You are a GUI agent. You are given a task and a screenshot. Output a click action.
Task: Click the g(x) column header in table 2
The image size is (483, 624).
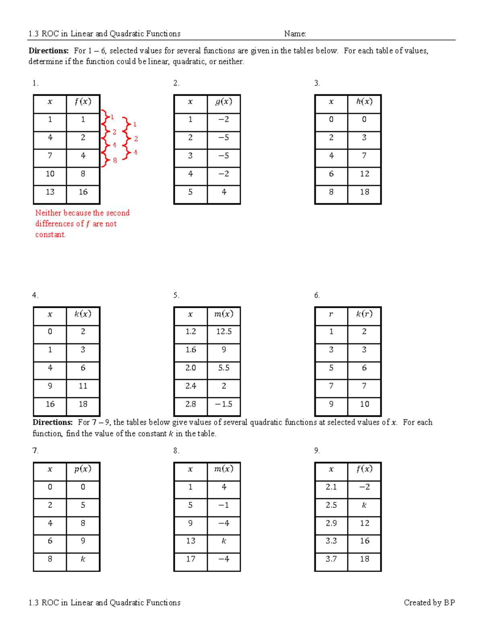(223, 102)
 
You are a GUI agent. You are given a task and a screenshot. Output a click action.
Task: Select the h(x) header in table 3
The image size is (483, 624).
(364, 101)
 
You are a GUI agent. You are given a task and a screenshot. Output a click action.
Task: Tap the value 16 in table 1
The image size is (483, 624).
(83, 192)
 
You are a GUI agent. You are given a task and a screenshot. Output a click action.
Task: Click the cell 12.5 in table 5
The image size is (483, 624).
(224, 331)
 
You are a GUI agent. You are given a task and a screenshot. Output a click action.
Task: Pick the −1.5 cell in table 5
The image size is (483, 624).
(224, 404)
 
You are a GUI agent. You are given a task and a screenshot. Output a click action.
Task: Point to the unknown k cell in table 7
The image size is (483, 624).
(83, 559)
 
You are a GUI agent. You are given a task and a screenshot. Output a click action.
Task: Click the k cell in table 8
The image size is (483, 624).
(224, 541)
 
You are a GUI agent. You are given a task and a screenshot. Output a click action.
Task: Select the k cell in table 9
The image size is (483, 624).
(364, 505)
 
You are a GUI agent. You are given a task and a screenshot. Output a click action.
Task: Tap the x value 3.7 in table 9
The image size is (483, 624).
(331, 559)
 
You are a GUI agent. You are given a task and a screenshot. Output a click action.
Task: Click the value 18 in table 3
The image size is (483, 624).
(365, 192)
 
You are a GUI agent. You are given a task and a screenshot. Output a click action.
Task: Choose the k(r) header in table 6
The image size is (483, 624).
(364, 314)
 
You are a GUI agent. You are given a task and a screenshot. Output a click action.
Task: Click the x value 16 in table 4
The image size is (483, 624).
(50, 404)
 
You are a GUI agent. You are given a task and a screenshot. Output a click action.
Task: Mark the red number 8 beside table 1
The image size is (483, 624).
(115, 161)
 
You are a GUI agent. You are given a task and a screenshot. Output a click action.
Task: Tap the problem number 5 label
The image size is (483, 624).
(176, 295)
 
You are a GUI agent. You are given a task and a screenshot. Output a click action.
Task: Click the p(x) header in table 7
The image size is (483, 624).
(83, 469)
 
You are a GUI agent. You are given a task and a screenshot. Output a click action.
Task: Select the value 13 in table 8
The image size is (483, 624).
(190, 541)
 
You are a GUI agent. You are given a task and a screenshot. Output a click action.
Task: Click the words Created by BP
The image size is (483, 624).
(429, 602)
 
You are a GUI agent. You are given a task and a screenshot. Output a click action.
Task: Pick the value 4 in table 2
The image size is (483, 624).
(224, 192)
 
